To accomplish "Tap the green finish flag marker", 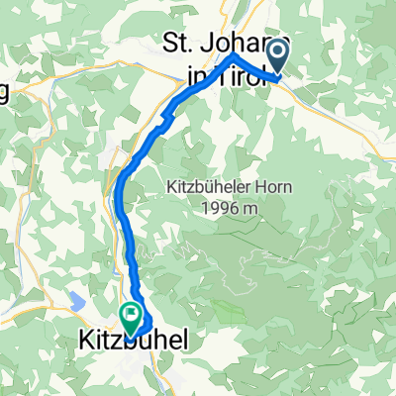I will click(x=131, y=316).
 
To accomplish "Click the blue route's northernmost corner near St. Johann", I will click(x=234, y=57).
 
